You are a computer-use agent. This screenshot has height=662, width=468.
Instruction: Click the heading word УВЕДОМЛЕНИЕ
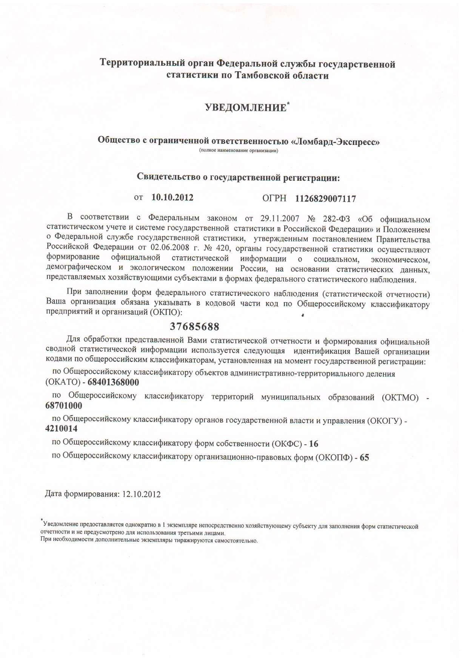click(245, 108)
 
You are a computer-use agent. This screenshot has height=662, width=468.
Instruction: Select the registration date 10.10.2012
click(172, 197)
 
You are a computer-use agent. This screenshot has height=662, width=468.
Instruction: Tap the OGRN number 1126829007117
click(326, 199)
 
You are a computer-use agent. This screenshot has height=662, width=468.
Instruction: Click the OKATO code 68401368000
click(113, 382)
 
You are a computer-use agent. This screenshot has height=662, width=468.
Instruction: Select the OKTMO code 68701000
click(63, 406)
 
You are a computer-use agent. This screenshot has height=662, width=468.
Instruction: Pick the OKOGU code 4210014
click(61, 429)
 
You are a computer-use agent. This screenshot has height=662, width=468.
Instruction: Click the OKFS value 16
click(314, 444)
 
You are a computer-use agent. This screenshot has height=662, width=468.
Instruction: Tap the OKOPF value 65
click(364, 457)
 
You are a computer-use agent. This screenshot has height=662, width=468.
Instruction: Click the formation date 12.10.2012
click(142, 494)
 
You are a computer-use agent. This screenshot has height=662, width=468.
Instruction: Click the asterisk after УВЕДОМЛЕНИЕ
click(288, 103)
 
